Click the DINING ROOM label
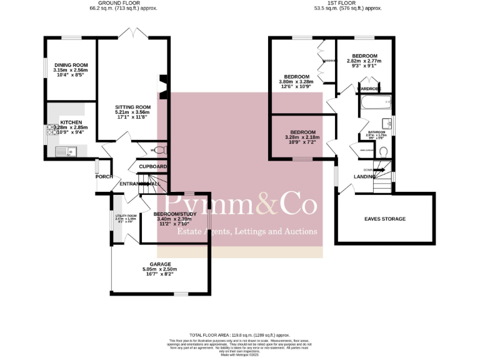[71, 65]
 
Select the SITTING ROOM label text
[133, 107]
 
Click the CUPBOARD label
[152, 167]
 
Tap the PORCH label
[104, 177]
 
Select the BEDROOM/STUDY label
[176, 214]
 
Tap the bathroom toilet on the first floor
[384, 151]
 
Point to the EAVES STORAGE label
[385, 219]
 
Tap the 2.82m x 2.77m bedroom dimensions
[364, 61]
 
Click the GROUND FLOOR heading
[132, 3]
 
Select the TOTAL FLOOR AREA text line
[240, 335]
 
